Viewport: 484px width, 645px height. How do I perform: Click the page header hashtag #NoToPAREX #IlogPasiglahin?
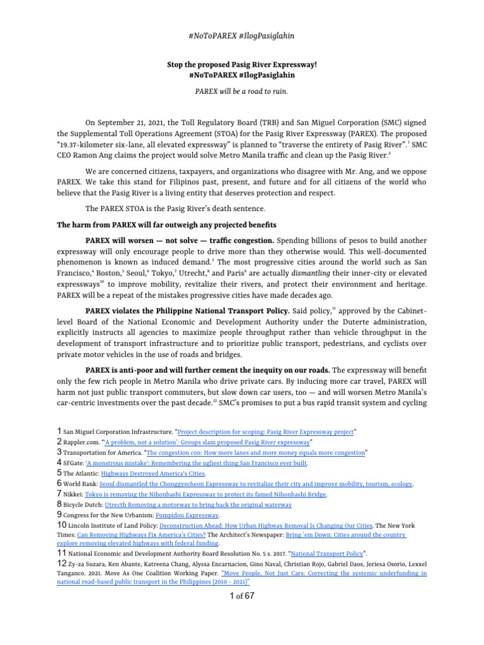(x=242, y=36)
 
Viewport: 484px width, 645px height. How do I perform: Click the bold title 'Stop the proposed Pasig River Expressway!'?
(x=242, y=64)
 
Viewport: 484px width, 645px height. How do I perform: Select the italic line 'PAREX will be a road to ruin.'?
(x=242, y=91)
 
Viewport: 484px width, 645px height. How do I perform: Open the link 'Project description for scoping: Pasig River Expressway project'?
(x=266, y=431)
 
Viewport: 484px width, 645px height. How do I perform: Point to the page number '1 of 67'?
(x=242, y=596)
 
